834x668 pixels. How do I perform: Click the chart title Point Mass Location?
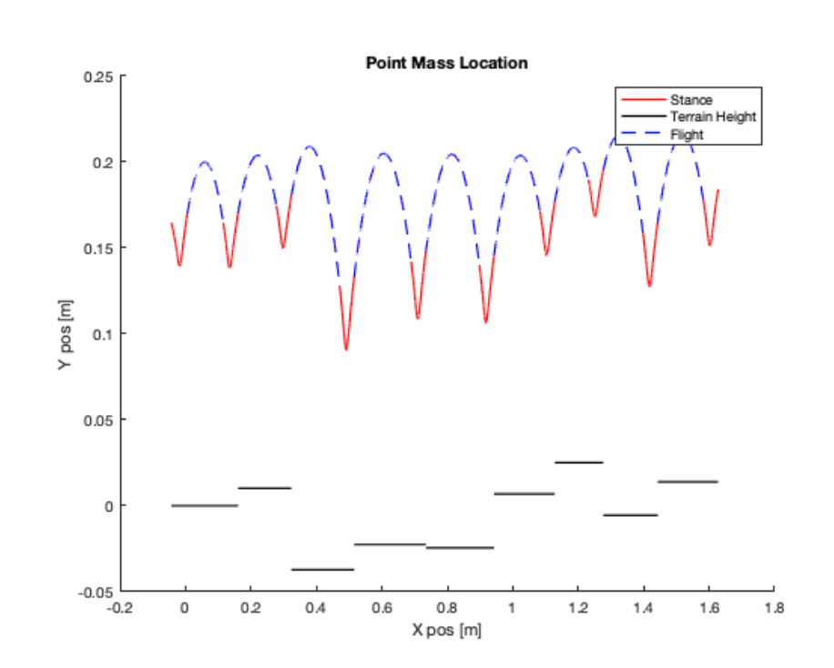pyautogui.click(x=446, y=64)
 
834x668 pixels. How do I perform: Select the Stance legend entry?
pyautogui.click(x=691, y=99)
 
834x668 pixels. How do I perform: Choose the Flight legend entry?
pyautogui.click(x=687, y=135)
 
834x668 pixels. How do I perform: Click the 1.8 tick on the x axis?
pyautogui.click(x=774, y=607)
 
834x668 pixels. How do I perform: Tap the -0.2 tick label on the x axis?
pyautogui.click(x=120, y=607)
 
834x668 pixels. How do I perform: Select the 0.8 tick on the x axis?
pyautogui.click(x=447, y=607)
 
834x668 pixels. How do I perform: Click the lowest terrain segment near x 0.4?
pyautogui.click(x=322, y=570)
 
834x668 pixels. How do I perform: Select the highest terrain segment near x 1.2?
pyautogui.click(x=579, y=462)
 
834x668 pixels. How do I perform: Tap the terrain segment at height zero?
pyautogui.click(x=205, y=505)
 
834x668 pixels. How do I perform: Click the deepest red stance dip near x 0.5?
pyautogui.click(x=346, y=348)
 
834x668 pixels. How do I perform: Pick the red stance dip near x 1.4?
pyautogui.click(x=649, y=285)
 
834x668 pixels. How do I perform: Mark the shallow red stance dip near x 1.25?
pyautogui.click(x=595, y=216)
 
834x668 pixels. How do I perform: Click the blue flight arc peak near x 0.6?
pyautogui.click(x=383, y=154)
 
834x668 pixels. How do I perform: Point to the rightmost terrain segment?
pyautogui.click(x=687, y=481)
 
